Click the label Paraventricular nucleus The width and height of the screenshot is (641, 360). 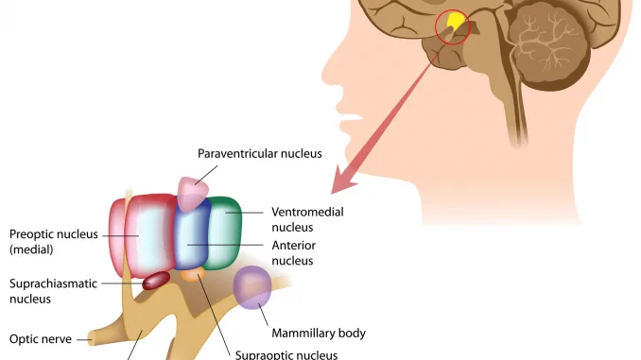coord(259,153)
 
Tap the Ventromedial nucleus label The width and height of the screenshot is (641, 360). coord(307,219)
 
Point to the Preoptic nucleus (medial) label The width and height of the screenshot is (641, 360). coord(53,242)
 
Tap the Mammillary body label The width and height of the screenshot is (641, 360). coord(318,333)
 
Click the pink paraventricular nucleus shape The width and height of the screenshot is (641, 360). coord(193,194)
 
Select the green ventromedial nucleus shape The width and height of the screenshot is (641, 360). coord(227,231)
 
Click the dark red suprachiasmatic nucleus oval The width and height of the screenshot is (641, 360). coord(156,280)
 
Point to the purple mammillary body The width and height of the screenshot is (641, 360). coord(253,288)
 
